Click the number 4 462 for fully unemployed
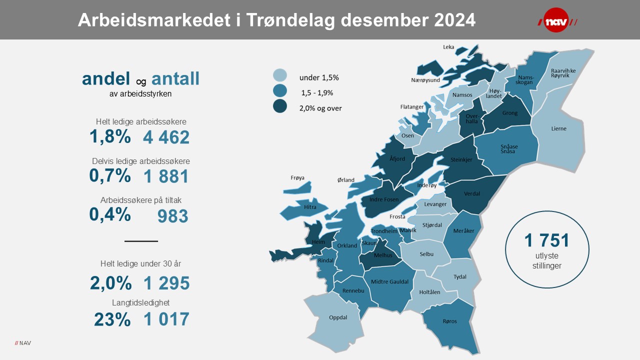166,137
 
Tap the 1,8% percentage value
110,136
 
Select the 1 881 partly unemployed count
166,176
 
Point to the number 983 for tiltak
172,216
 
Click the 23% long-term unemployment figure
112,319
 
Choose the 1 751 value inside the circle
546,240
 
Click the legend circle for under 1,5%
280,76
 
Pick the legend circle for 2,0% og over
280,106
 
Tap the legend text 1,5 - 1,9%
316,92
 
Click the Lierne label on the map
558,128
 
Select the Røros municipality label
449,321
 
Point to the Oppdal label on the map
338,317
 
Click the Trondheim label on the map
383,231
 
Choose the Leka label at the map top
448,47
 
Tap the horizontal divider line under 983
141,241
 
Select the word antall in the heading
175,78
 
